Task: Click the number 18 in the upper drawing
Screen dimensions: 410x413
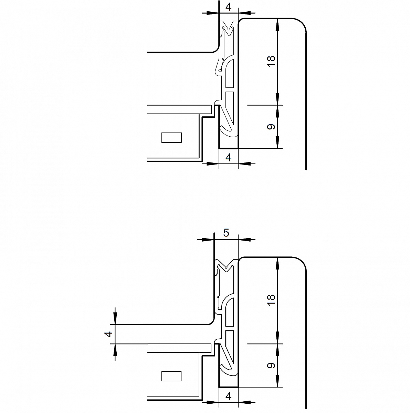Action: (271, 61)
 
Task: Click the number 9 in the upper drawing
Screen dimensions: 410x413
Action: (271, 127)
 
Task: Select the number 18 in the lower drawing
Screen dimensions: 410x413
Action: (271, 300)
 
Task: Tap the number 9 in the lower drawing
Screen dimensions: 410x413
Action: (271, 365)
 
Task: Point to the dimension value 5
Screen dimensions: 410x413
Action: (226, 233)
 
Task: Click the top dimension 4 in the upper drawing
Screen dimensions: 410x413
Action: (229, 7)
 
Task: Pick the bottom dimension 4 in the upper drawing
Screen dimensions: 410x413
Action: (229, 158)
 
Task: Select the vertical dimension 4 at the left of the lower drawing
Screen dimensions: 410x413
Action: (109, 334)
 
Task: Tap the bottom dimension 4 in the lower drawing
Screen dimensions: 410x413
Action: (229, 396)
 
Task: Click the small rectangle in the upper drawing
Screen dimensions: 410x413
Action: (171, 138)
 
